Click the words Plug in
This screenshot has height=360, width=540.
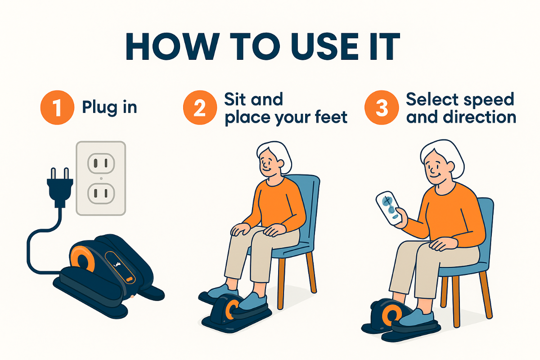109,108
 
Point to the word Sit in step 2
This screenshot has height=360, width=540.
237,99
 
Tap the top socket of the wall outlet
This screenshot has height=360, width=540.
101,162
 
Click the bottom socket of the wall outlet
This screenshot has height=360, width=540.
101,193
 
